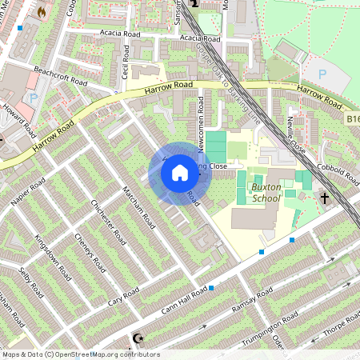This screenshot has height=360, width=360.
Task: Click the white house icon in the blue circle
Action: click(x=180, y=173)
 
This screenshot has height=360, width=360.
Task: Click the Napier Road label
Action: click(x=26, y=189)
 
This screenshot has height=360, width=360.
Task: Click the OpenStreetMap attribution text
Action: click(x=80, y=354)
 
